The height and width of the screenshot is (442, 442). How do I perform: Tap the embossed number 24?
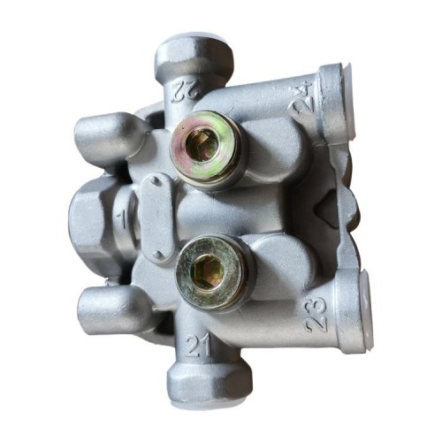pyautogui.click(x=301, y=99)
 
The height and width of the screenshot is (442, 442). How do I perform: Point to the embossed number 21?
pyautogui.click(x=198, y=346)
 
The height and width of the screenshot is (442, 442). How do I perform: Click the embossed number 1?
pyautogui.click(x=122, y=219)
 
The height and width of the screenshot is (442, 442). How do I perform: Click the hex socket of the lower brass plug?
pyautogui.click(x=208, y=271)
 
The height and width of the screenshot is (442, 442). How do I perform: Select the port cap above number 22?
pyautogui.click(x=194, y=57)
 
